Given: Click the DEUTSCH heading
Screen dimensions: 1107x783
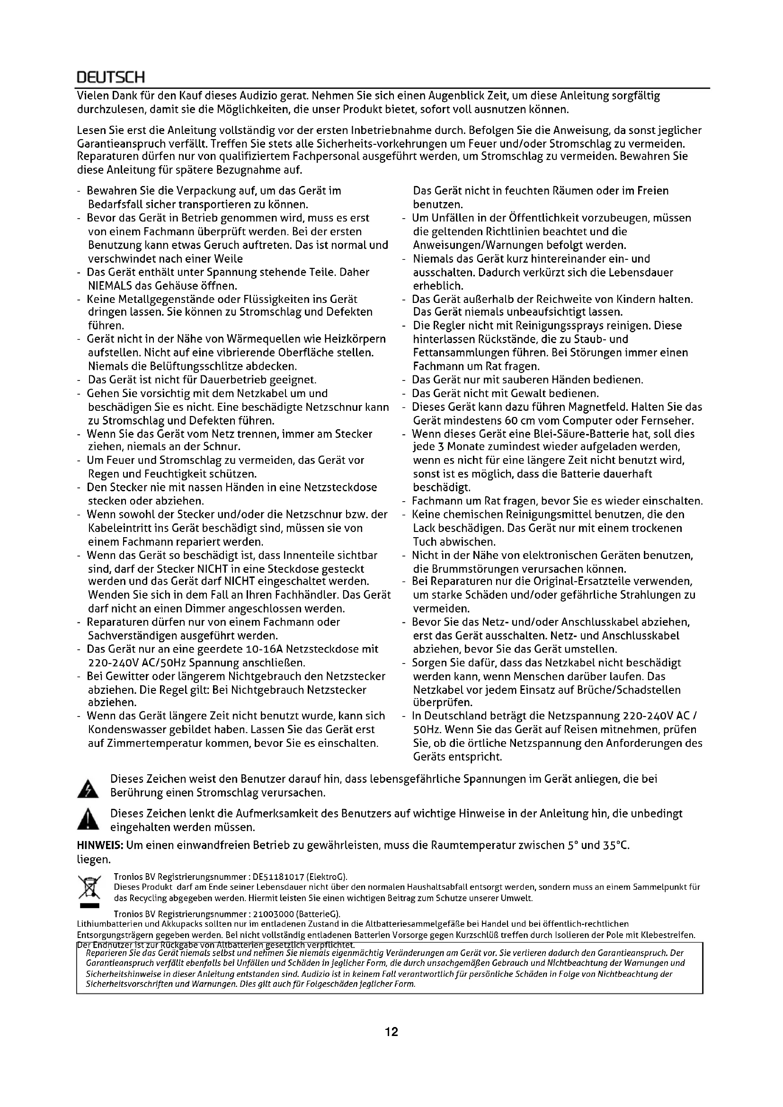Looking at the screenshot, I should pos(110,77).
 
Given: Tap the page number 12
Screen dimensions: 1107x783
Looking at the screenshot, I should pos(391,1032).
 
